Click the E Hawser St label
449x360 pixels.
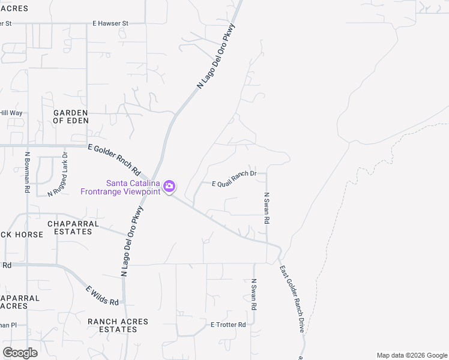[x=110, y=23]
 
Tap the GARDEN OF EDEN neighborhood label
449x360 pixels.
[x=71, y=116]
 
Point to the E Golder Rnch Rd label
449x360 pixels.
[x=113, y=159]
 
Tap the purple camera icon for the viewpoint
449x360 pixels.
[x=169, y=187]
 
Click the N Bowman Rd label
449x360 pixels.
[x=28, y=172]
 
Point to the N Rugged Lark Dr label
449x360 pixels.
[x=57, y=174]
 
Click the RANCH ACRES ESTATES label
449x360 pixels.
[x=118, y=325]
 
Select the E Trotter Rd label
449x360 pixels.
[x=228, y=325]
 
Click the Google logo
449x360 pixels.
[x=20, y=352]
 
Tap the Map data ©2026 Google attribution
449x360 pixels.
[x=411, y=355]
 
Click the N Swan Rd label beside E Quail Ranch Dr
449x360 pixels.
[x=267, y=208]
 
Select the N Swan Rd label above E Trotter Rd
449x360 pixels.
[x=254, y=295]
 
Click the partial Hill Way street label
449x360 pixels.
[x=11, y=113]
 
